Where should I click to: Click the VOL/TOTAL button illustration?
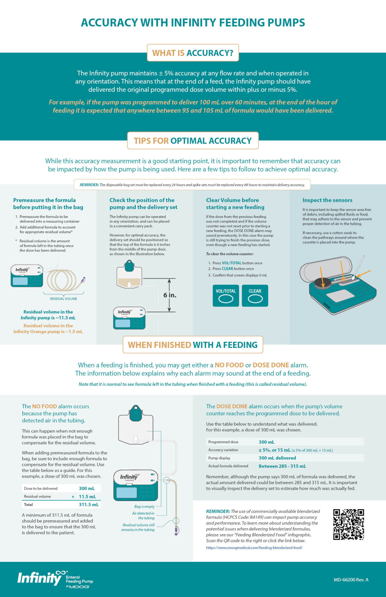[x=226, y=295]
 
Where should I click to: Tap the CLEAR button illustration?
[x=255, y=295]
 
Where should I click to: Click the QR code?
[x=348, y=524]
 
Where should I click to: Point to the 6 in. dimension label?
[x=170, y=295]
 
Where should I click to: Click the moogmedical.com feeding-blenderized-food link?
[x=254, y=548]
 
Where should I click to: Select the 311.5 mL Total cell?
[x=89, y=504]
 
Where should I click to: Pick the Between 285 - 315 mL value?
[x=282, y=466]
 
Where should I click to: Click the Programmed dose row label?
[x=223, y=442]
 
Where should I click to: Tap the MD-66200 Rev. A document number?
[x=351, y=579]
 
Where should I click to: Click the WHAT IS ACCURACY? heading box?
[x=193, y=53]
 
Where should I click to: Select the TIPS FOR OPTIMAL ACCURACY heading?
[x=193, y=141]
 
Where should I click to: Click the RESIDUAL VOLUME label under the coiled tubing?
[x=64, y=299]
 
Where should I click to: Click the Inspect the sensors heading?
[x=327, y=200]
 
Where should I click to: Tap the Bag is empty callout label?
[x=144, y=506]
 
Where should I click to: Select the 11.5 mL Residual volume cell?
[x=87, y=496]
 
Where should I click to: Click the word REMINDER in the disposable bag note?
[x=89, y=185]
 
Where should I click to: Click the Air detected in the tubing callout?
[x=144, y=516]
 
